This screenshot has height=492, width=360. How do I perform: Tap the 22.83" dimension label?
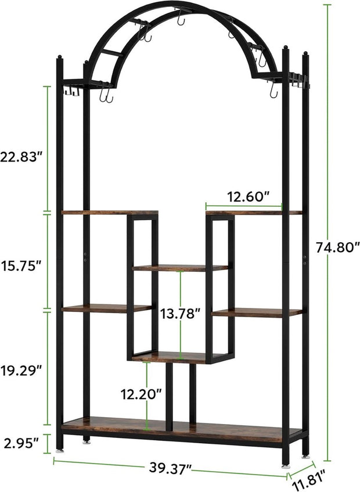pyautogui.click(x=22, y=156)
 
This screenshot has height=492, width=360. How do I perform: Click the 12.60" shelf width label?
pyautogui.click(x=248, y=197)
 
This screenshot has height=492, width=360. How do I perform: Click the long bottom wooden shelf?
pyautogui.click(x=180, y=428)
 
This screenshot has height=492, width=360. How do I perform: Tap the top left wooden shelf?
pyautogui.click(x=109, y=213)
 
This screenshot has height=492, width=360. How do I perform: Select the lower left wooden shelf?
pyautogui.click(x=106, y=308)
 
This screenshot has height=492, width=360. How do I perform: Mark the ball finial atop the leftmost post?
pyautogui.click(x=60, y=57)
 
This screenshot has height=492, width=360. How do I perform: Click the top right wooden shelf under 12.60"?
pyautogui.click(x=254, y=213)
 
